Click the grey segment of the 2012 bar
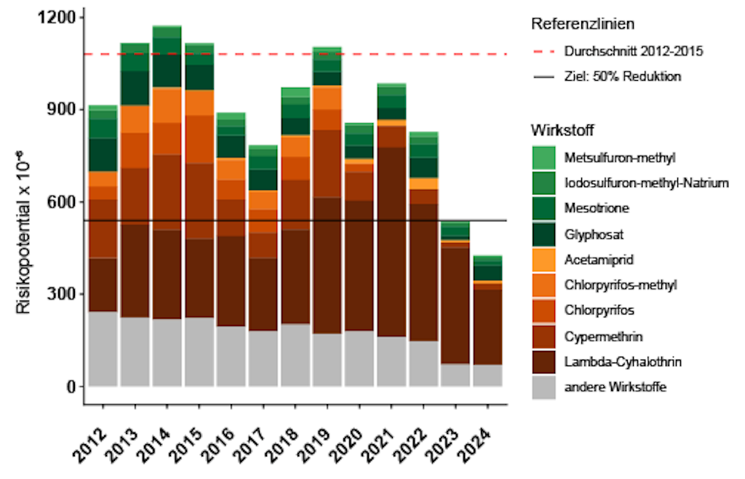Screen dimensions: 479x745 point(103,349)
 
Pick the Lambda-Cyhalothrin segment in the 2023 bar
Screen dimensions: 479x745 point(455,306)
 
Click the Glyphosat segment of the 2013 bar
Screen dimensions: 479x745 point(135,87)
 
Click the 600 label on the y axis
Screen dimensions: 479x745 point(63,202)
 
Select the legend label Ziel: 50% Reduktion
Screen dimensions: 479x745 point(623,76)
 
